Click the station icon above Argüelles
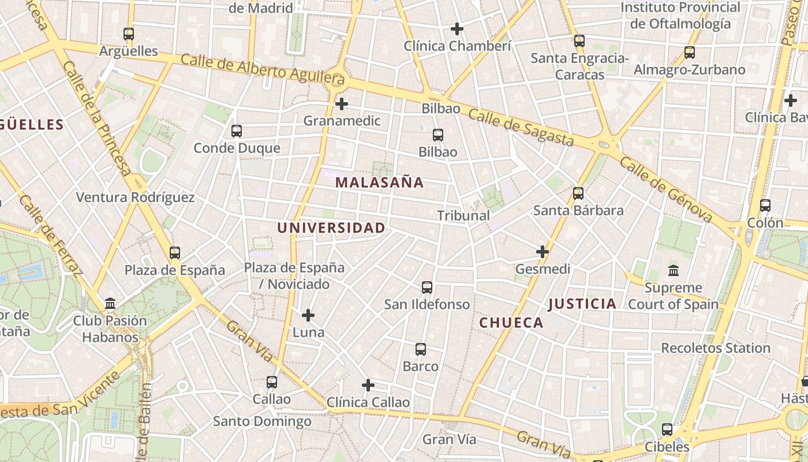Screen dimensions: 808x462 point(129,34)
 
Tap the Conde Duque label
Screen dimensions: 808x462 point(237,148)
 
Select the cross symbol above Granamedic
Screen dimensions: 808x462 point(342,104)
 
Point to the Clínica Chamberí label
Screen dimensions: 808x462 point(457,46)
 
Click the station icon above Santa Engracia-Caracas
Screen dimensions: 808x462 point(579,41)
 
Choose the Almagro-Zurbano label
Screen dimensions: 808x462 point(689,70)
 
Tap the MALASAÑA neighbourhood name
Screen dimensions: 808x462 point(379,182)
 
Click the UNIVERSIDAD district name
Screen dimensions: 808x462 point(331,228)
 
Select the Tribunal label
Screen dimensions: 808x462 point(463,215)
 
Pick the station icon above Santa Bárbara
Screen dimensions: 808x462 point(578,193)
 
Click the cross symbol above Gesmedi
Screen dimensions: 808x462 point(543,252)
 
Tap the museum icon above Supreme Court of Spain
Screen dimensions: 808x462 point(673,270)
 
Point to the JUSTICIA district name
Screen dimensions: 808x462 point(582,304)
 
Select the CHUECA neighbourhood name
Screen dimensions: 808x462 point(511,323)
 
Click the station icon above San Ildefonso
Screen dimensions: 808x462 point(427,288)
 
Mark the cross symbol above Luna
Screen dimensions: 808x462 point(308,315)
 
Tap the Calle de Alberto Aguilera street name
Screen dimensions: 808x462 point(263,69)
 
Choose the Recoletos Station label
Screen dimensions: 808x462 point(715,348)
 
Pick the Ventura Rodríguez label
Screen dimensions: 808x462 point(135,198)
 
